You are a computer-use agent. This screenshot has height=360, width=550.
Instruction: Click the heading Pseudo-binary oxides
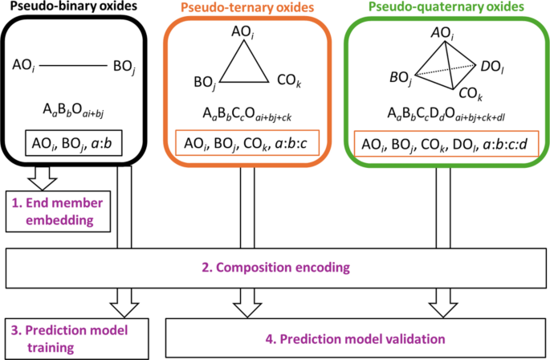pos(62,6)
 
